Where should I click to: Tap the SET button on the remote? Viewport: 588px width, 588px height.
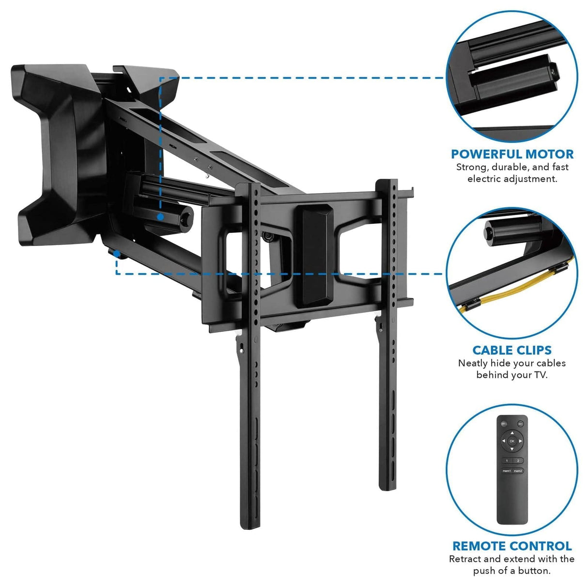pyautogui.click(x=520, y=423)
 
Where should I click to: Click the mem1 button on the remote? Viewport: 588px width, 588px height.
pyautogui.click(x=507, y=470)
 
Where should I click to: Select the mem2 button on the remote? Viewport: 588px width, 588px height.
pyautogui.click(x=518, y=470)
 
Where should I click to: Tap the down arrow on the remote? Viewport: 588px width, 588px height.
pyautogui.click(x=512, y=449)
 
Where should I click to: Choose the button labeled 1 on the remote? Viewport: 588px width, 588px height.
pyautogui.click(x=507, y=461)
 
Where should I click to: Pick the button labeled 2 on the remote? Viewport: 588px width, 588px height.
pyautogui.click(x=518, y=461)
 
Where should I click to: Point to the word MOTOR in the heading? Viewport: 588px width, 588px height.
pyautogui.click(x=548, y=155)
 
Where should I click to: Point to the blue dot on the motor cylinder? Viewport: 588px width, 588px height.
pyautogui.click(x=159, y=217)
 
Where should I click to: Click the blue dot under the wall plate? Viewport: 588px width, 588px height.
pyautogui.click(x=117, y=252)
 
